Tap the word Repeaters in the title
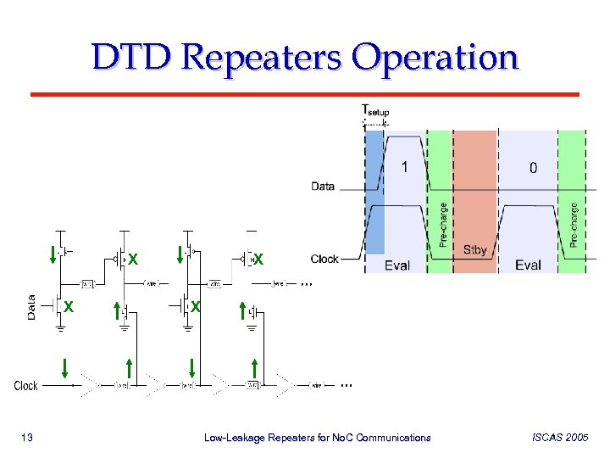263,58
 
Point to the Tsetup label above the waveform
375,110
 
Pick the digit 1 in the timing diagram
405,167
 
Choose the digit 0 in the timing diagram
533,168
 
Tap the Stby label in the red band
475,249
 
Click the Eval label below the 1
397,265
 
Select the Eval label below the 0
528,265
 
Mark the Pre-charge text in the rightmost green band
574,224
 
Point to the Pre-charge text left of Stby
441,224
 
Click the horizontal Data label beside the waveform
323,186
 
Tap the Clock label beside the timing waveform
324,259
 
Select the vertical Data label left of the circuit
31,307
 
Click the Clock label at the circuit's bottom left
25,386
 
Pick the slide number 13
26,438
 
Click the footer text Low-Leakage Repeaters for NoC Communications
318,438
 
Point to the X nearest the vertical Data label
69,306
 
